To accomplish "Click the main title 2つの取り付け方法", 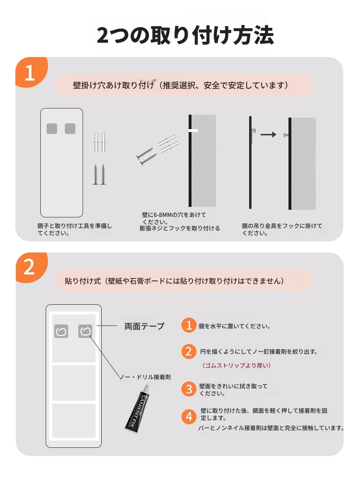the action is [x=185, y=35].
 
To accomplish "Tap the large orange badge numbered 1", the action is [x=31, y=72].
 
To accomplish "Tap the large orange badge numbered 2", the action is [x=31, y=267].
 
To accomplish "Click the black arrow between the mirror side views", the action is [x=268, y=134].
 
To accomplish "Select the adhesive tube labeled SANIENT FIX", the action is [x=137, y=408].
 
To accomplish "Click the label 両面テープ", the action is [x=144, y=326].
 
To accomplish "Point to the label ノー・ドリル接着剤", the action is [x=145, y=377].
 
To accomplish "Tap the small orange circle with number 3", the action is [x=189, y=389].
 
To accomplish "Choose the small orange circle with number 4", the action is [x=189, y=417].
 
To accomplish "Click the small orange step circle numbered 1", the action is [x=189, y=325].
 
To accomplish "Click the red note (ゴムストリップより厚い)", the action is [x=236, y=365].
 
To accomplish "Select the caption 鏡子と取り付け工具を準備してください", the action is [x=75, y=229].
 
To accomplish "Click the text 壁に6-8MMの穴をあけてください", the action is [x=174, y=218].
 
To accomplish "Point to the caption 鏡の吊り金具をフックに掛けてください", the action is [x=282, y=229].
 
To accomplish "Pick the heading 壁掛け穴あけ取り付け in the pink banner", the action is [x=114, y=85].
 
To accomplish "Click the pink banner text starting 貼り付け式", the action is [x=174, y=281].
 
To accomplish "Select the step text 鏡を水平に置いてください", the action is [x=235, y=326].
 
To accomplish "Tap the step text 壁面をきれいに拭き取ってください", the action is [x=233, y=390].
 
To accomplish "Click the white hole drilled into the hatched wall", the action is [x=194, y=131].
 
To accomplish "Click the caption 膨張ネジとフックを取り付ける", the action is [x=180, y=228].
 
